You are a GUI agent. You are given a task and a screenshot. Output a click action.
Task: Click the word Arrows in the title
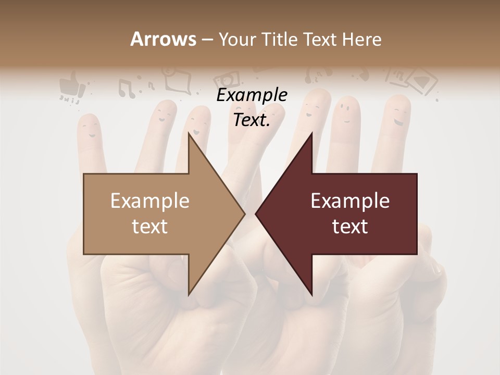pyautogui.click(x=163, y=39)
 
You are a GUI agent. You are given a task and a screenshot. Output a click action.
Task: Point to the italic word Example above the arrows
pyautogui.click(x=252, y=95)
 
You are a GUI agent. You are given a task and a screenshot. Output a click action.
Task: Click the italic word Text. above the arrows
pyautogui.click(x=252, y=120)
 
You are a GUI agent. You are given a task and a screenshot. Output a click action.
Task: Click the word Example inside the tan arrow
pyautogui.click(x=150, y=201)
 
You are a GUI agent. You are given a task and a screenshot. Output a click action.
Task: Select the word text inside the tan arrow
pyautogui.click(x=150, y=227)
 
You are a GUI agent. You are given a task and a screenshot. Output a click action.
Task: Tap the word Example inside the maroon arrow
pyautogui.click(x=350, y=201)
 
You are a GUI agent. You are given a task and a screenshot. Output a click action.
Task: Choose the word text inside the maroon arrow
pyautogui.click(x=350, y=227)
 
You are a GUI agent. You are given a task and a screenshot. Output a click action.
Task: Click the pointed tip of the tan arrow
pyautogui.click(x=245, y=214)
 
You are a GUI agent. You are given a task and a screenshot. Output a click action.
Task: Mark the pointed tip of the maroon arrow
pyautogui.click(x=256, y=214)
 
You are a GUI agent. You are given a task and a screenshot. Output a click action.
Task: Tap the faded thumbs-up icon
pyautogui.click(x=71, y=83)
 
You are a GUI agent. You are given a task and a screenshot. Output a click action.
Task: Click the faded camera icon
pyautogui.click(x=228, y=80)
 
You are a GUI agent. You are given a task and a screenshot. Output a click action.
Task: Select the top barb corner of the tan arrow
pyautogui.click(x=189, y=133)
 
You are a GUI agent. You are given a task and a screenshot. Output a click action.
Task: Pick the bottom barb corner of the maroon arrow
pyautogui.click(x=312, y=295)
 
